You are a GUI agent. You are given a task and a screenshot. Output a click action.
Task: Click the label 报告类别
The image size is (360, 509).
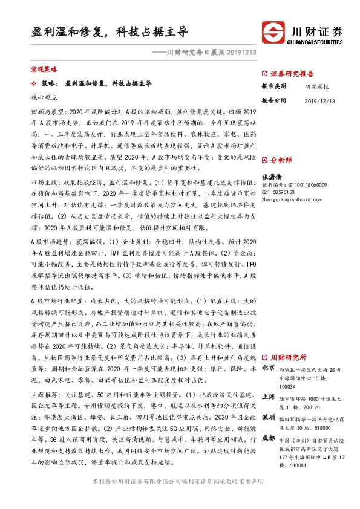pyautogui.click(x=273, y=86)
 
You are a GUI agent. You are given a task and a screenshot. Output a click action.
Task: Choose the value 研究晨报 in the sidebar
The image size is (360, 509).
pyautogui.click(x=316, y=86)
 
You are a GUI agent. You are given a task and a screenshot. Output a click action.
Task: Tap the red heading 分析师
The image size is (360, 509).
pyautogui.click(x=281, y=161)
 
